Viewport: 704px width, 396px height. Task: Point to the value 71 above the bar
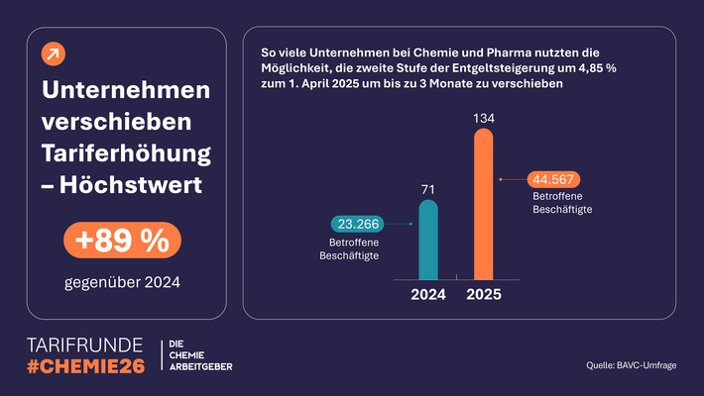pyautogui.click(x=427, y=188)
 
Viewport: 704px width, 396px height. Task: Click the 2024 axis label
pyautogui.click(x=428, y=295)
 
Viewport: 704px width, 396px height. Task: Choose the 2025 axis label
pyautogui.click(x=484, y=295)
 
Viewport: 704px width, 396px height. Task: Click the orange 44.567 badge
pyautogui.click(x=553, y=179)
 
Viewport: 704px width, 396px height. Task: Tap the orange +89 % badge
pyautogui.click(x=124, y=240)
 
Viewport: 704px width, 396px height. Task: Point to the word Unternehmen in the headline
pyautogui.click(x=127, y=91)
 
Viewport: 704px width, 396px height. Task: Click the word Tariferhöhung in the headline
pyautogui.click(x=127, y=154)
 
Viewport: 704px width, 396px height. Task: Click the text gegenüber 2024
pyautogui.click(x=124, y=284)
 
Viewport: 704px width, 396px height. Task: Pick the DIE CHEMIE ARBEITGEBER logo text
pyautogui.click(x=202, y=357)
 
